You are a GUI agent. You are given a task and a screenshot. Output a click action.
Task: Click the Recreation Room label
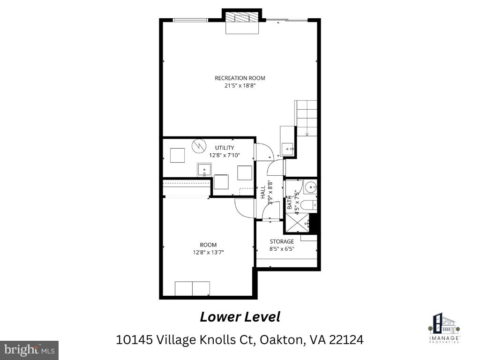coord(240,78)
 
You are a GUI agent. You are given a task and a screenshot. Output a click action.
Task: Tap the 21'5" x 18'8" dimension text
coord(240,86)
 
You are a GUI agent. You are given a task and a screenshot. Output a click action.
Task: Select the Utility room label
coord(225,148)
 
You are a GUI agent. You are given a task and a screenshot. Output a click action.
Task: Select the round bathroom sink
coord(310,188)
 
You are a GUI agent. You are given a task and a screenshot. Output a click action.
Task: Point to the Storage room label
coord(281,241)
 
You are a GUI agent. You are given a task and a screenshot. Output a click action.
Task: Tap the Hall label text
coord(263,191)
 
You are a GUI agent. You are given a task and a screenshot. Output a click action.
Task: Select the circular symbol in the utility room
coord(199,146)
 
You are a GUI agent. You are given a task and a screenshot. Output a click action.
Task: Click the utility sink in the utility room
coord(204,169)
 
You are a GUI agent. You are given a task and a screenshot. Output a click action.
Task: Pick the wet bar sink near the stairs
coord(287,149)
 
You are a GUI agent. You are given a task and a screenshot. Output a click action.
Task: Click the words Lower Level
coord(240,317)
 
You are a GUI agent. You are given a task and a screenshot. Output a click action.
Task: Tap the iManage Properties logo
coord(444,327)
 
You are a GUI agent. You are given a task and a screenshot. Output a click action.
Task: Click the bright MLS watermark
coord(29,350)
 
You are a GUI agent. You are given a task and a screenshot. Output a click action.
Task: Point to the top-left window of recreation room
coord(190,20)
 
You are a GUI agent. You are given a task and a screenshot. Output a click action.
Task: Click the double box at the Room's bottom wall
coord(192,289)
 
